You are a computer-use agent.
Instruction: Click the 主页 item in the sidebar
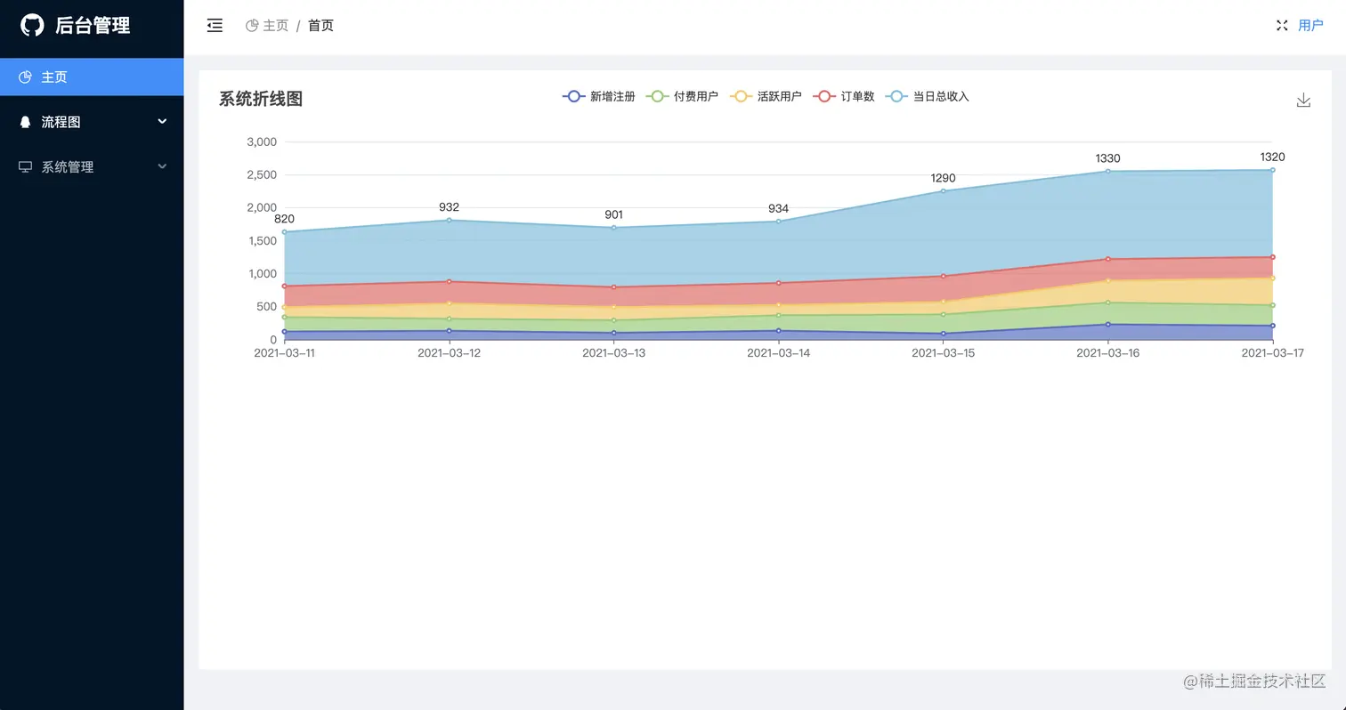[53, 77]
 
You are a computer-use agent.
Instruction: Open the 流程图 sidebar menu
[61, 122]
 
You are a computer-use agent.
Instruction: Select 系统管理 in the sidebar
[67, 166]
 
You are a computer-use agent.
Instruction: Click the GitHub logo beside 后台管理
[32, 25]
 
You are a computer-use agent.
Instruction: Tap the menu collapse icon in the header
[215, 26]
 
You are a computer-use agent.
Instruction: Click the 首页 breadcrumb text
[320, 26]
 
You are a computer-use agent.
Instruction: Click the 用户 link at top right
[1310, 26]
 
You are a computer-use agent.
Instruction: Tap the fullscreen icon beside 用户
[1282, 26]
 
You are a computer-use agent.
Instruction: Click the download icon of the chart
[1303, 100]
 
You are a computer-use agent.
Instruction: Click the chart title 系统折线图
[261, 99]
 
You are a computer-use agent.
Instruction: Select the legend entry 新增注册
[599, 96]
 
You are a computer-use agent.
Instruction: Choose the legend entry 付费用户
[683, 96]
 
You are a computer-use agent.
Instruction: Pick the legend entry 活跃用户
[766, 96]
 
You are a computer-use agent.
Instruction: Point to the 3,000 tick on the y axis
[262, 141]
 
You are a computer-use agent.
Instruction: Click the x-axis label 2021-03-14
[778, 353]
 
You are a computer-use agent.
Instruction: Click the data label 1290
[943, 178]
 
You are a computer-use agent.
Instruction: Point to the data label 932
[449, 207]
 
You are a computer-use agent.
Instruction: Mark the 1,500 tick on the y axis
[262, 240]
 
